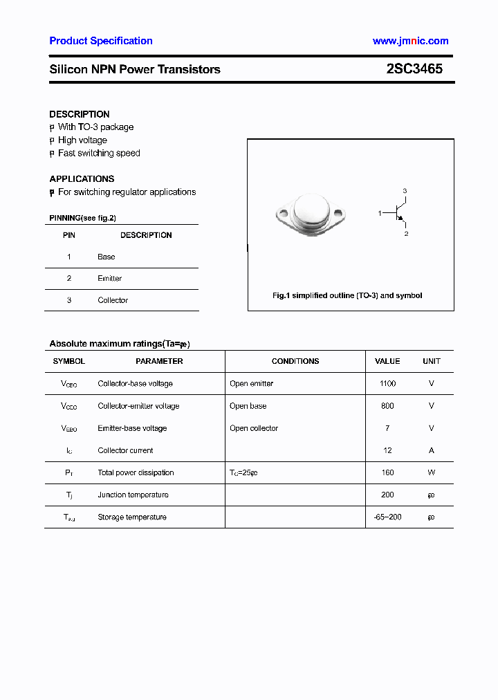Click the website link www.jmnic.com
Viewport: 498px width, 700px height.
(410, 41)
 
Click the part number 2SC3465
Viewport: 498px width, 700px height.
(414, 69)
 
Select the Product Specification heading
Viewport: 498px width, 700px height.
(101, 41)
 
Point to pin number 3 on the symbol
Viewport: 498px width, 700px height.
(405, 191)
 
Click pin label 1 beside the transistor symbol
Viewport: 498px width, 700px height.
(380, 213)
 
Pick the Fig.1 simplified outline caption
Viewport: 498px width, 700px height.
(347, 295)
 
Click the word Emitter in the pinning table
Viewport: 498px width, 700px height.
(109, 279)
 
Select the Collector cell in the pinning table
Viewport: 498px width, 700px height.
(113, 300)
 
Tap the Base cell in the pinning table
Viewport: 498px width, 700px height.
(107, 257)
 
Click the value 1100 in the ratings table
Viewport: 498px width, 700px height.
(387, 383)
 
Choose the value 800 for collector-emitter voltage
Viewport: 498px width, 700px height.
(387, 406)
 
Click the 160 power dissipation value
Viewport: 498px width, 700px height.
(387, 472)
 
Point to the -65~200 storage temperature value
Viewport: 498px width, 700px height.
(387, 517)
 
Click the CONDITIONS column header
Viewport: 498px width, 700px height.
(295, 361)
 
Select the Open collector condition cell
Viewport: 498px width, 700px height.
(254, 428)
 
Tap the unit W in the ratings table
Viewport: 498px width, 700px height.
(432, 472)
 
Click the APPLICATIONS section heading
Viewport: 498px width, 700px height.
(82, 178)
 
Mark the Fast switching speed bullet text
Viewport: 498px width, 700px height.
(99, 154)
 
